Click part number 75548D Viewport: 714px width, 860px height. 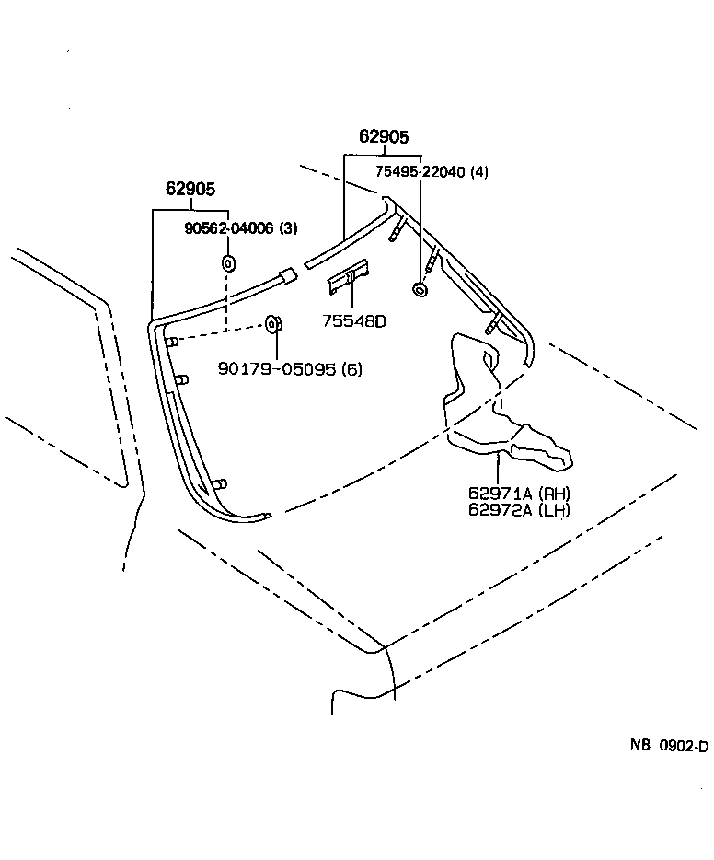click(x=353, y=321)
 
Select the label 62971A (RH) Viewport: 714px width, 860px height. click(x=519, y=494)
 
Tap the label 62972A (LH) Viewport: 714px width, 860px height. click(x=519, y=509)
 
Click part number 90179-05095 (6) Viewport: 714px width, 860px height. click(x=290, y=369)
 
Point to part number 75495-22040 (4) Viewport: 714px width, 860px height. click(x=432, y=172)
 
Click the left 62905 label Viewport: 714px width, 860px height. click(x=190, y=190)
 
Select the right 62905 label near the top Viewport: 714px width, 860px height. click(x=383, y=137)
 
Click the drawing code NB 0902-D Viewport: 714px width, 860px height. click(x=668, y=746)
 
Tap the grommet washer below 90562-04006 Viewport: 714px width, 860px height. click(x=228, y=264)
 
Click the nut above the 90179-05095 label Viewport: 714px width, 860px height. click(x=273, y=323)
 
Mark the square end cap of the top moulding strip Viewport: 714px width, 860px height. click(x=288, y=274)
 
